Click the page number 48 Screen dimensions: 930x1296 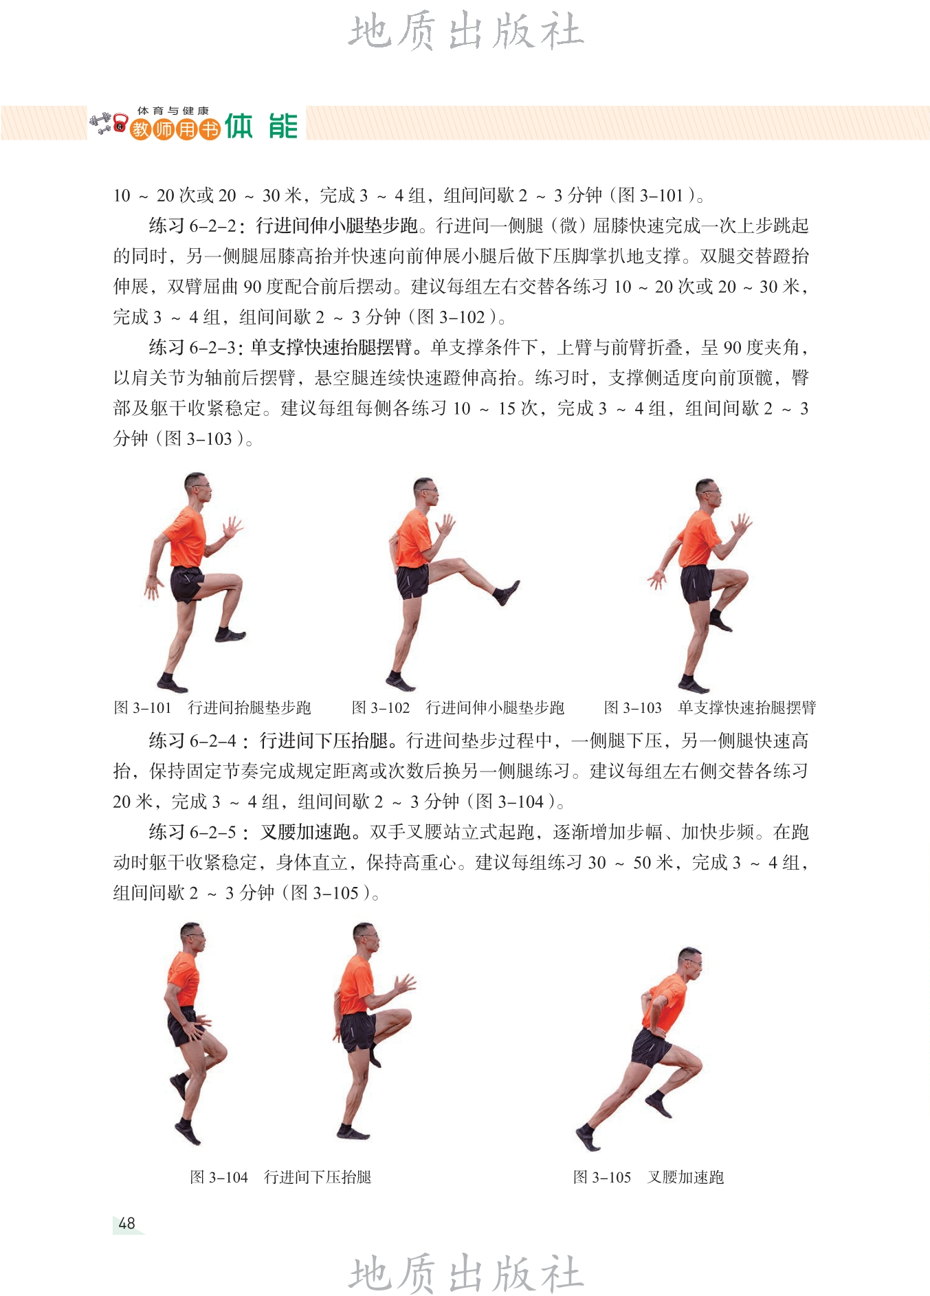click(x=127, y=1223)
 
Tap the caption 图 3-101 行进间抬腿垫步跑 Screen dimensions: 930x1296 click(x=212, y=707)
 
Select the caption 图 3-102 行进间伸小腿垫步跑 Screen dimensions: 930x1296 click(x=458, y=707)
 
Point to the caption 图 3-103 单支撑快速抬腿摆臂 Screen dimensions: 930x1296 click(x=710, y=707)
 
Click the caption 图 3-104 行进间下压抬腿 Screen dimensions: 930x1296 click(x=280, y=1177)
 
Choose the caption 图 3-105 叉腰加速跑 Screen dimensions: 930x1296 click(x=648, y=1177)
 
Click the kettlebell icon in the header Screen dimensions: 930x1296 click(x=121, y=124)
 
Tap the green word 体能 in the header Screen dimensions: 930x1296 click(x=262, y=126)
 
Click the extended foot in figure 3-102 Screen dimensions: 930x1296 click(x=507, y=592)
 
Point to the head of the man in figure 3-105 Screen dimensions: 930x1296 click(x=689, y=960)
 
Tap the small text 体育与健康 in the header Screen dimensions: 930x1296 click(x=173, y=111)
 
